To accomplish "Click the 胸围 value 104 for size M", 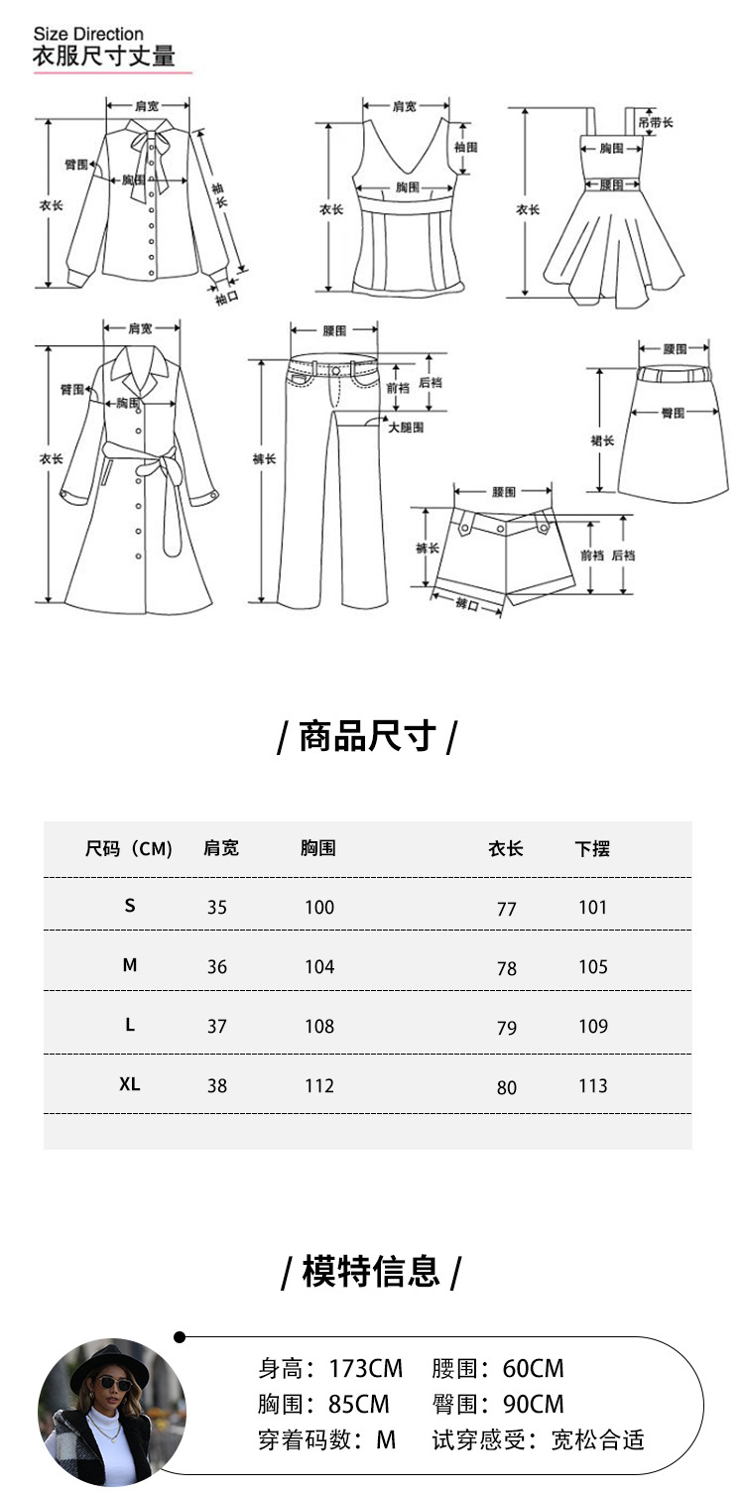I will coord(319,967).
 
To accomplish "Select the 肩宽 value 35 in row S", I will coord(217,908).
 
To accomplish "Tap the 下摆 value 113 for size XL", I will coord(592,1086).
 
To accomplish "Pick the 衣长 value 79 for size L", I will coord(507,1028).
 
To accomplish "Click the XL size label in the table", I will coord(130,1085).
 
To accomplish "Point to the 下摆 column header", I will coord(592,849).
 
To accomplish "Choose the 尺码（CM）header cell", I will coord(129,849).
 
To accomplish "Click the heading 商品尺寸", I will coord(367,737).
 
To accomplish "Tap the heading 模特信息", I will coord(371,1271).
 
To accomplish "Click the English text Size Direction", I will coord(88,35).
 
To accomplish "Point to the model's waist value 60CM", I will coord(533,1369).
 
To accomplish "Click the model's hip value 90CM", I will coord(533,1404).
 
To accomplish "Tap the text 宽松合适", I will coord(597,1439).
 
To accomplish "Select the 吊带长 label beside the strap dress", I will coord(656,122).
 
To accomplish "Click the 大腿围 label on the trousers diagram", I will coord(406,428).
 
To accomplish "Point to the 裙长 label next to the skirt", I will coord(602,440).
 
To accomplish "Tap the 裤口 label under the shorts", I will coord(465,605).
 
